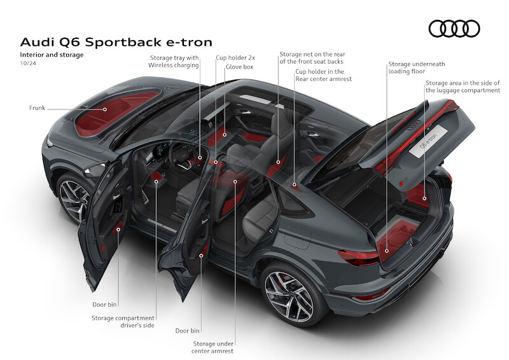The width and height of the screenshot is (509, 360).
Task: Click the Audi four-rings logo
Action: [x=454, y=29]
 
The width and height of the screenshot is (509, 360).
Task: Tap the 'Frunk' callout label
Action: [x=37, y=109]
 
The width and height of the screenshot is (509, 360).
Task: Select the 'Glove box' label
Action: [x=239, y=66]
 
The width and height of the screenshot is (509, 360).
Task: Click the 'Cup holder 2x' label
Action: [x=235, y=57]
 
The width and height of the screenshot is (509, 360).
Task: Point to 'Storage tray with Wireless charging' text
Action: [x=174, y=61]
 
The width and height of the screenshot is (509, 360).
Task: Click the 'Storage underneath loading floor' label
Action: [x=417, y=67]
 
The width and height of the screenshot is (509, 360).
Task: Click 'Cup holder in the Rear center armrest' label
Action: [x=324, y=75]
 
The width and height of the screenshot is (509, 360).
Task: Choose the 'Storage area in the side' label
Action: [x=463, y=87]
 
